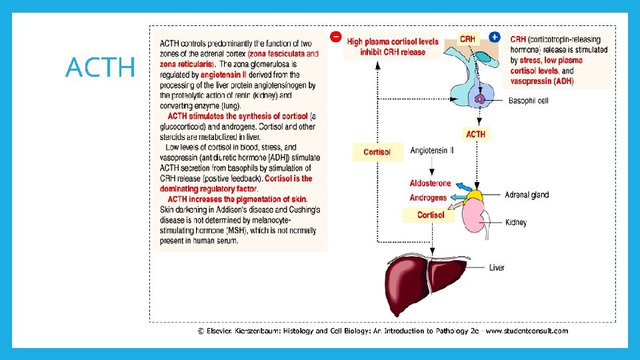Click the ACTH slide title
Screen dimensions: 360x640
click(100, 67)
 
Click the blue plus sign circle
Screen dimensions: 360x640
click(495, 37)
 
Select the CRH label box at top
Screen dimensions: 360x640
click(467, 39)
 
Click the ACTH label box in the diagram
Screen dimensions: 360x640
click(476, 134)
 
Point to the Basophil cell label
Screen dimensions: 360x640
click(528, 101)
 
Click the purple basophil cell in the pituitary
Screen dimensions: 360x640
click(479, 99)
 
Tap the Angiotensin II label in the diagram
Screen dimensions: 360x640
click(432, 151)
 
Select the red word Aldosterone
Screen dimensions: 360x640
click(430, 183)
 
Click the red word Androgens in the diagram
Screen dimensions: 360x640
click(428, 198)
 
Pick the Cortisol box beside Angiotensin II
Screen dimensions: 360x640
click(377, 152)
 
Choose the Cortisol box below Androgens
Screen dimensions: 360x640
click(431, 215)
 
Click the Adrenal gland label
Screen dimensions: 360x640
click(527, 195)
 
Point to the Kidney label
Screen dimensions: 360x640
click(516, 222)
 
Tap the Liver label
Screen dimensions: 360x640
click(497, 268)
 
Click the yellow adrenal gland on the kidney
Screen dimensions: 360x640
click(475, 195)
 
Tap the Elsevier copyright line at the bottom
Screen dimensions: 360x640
click(383, 330)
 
